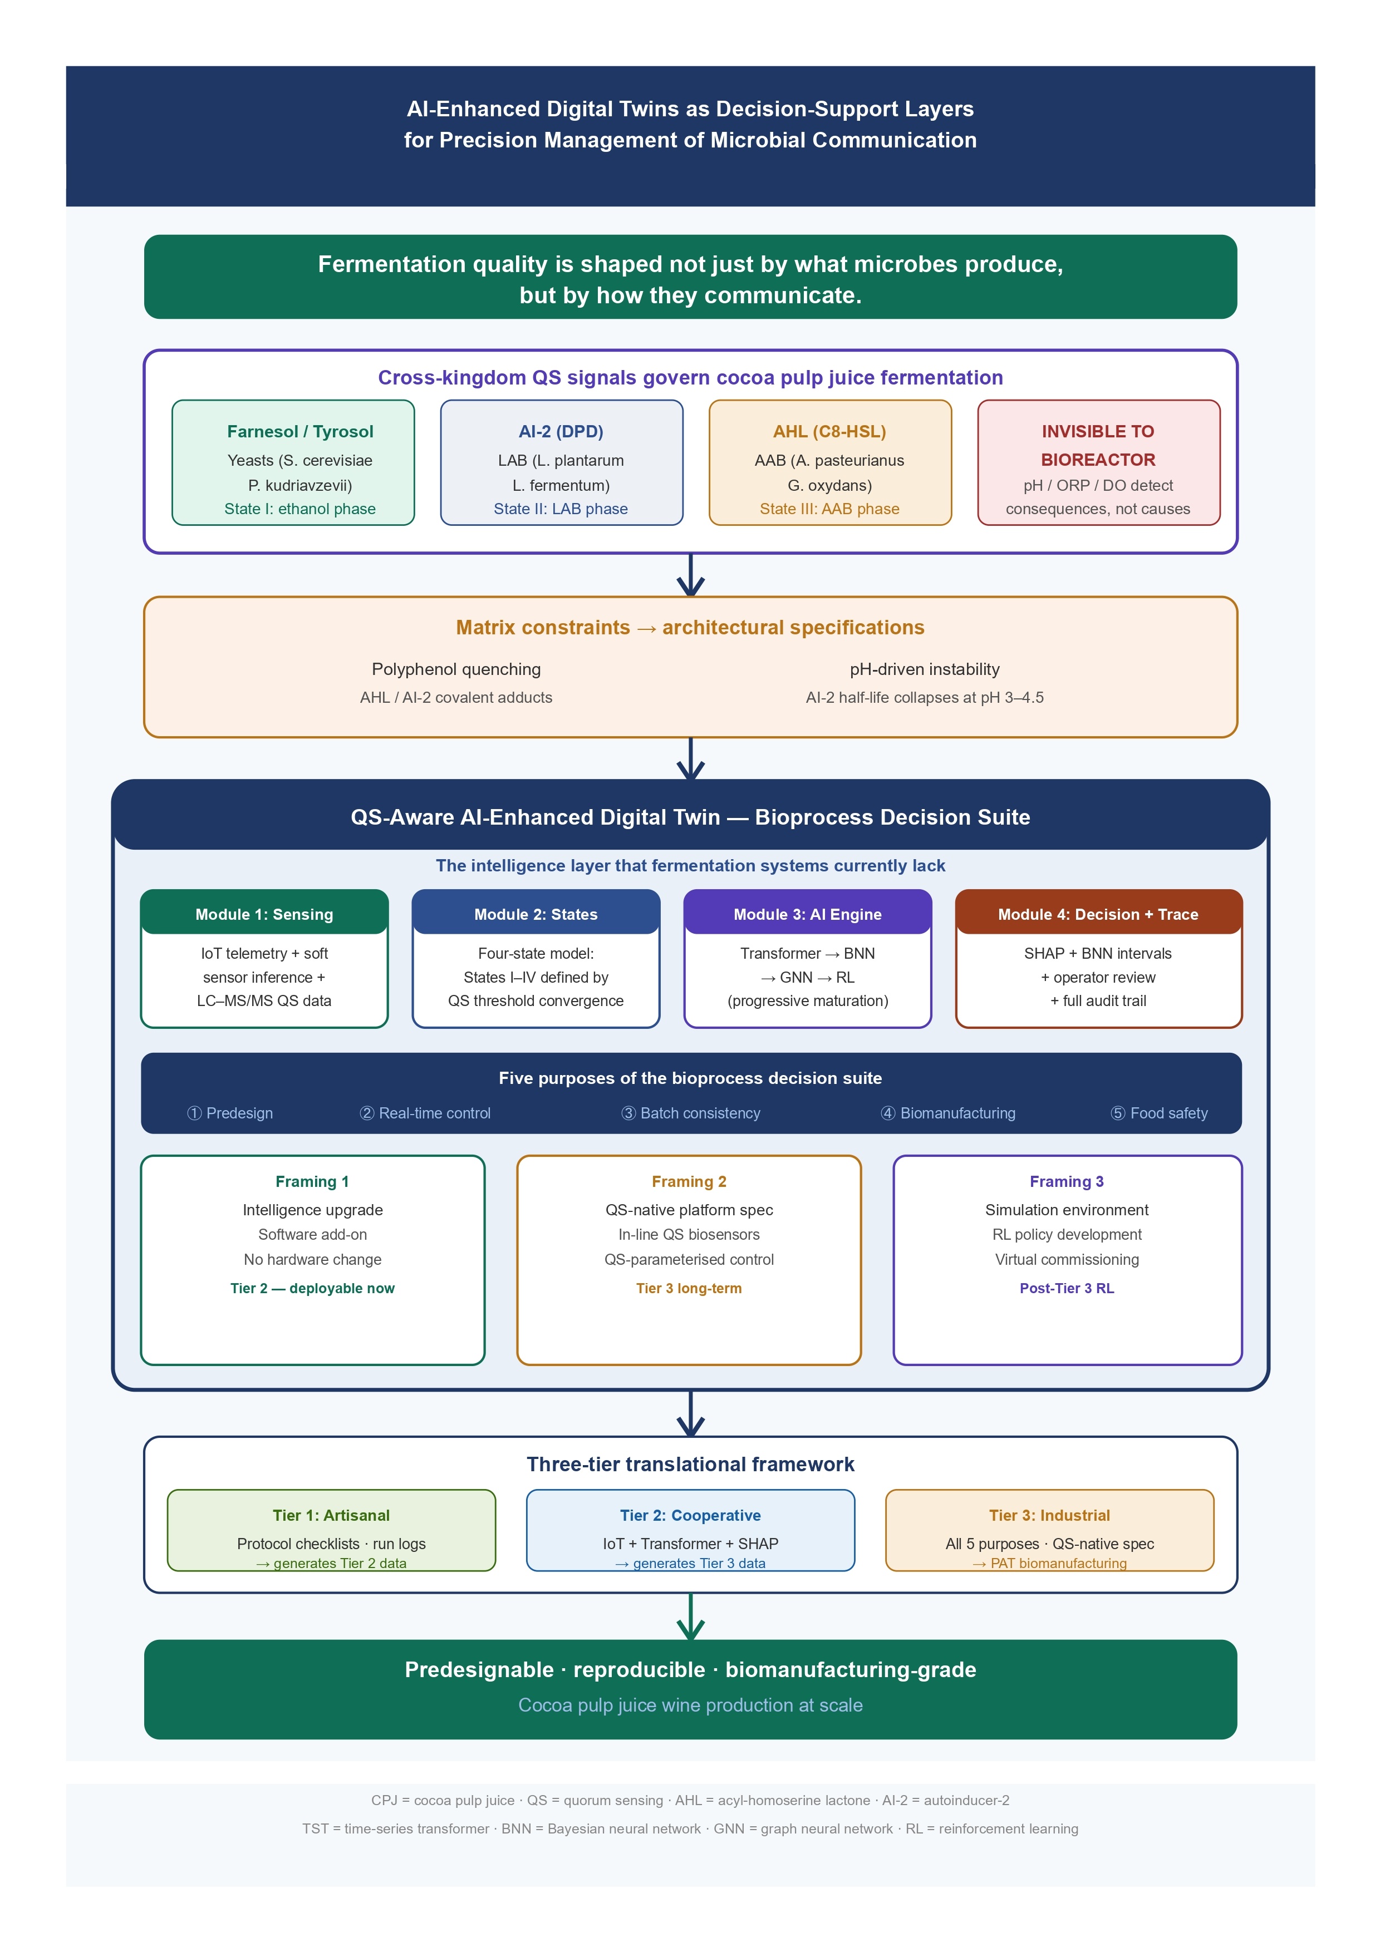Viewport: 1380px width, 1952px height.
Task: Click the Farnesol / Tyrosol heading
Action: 300,431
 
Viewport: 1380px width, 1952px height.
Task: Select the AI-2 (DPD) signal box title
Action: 561,431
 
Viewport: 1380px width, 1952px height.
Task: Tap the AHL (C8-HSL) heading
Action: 830,431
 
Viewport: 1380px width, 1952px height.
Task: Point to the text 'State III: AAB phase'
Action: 830,509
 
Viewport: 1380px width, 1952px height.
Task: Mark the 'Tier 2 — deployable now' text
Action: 313,1288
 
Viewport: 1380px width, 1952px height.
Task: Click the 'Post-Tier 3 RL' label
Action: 1067,1288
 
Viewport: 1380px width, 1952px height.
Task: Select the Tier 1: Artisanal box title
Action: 332,1515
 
